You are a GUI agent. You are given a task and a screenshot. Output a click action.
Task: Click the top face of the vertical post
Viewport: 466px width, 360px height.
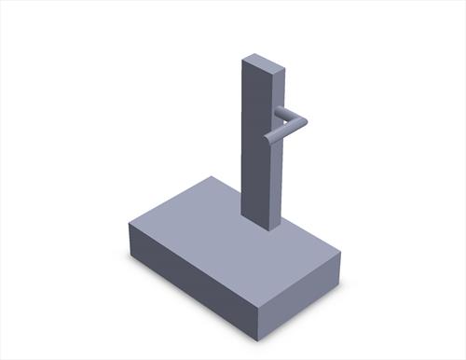[x=261, y=64]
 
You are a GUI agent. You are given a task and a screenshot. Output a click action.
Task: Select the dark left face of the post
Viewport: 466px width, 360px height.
[x=253, y=140]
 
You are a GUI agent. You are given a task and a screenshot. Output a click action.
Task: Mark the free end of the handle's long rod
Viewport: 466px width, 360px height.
[x=268, y=141]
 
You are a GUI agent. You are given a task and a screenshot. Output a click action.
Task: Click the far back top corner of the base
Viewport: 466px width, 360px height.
[x=212, y=176]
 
